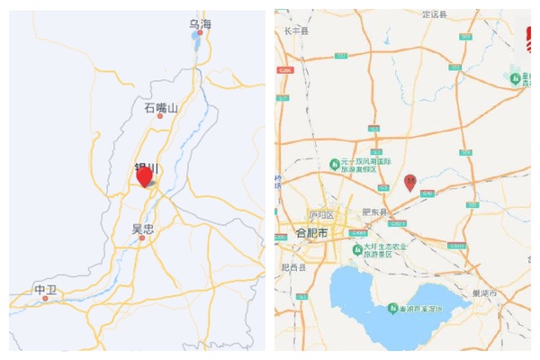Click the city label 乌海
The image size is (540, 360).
click(200, 24)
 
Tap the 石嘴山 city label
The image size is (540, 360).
click(161, 107)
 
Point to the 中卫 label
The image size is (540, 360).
click(45, 290)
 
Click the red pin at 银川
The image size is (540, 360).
click(144, 175)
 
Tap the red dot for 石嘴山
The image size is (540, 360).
click(161, 116)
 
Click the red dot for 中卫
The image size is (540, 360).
click(45, 298)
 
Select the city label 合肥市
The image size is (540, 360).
click(313, 232)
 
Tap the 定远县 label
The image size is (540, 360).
click(436, 13)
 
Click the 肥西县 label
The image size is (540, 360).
click(293, 267)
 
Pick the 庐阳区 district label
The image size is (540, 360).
click(321, 216)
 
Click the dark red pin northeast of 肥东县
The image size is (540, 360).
click(410, 182)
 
